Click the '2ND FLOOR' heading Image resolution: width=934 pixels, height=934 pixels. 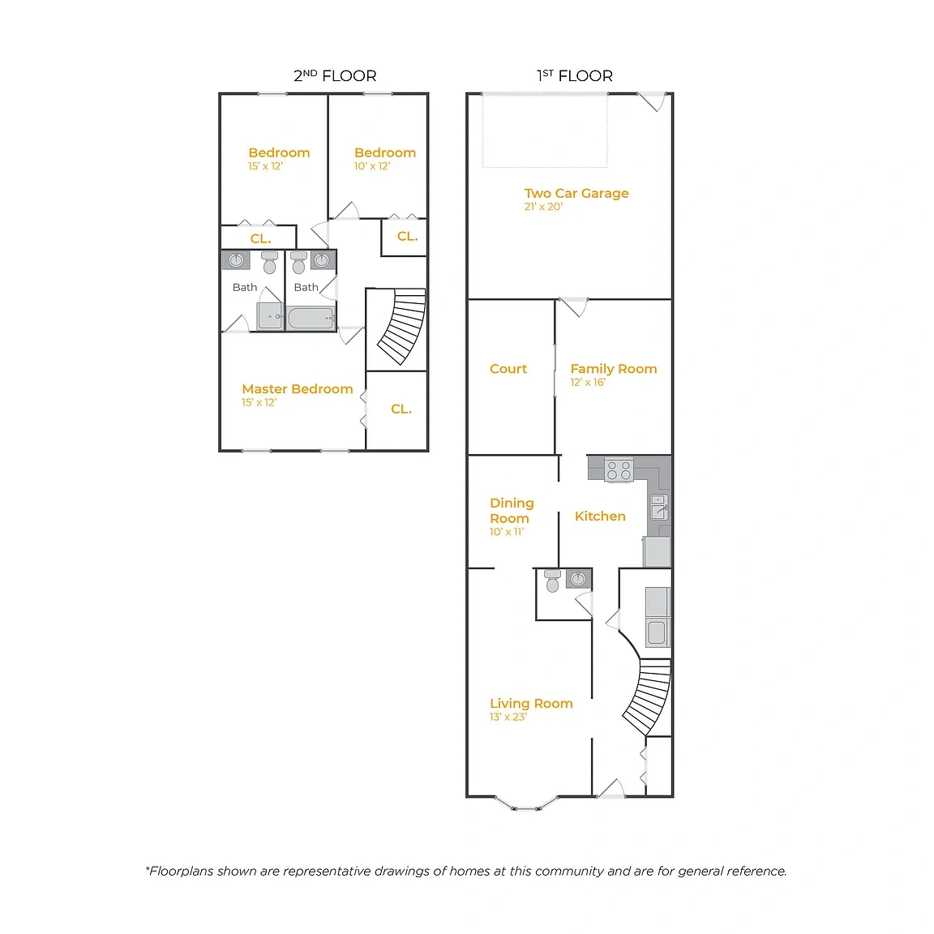[x=335, y=75]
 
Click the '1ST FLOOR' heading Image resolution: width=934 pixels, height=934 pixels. [x=574, y=75]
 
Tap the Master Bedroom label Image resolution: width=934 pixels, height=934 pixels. [x=298, y=389]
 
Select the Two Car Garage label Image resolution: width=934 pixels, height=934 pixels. [x=576, y=194]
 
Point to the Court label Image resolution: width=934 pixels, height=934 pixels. [x=508, y=369]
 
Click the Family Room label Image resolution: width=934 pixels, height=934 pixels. [x=614, y=369]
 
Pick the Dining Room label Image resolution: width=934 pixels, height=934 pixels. [x=512, y=511]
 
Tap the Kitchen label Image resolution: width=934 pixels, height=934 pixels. [x=600, y=516]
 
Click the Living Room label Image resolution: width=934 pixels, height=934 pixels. [x=531, y=704]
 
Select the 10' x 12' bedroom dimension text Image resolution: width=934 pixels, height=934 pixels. [x=372, y=166]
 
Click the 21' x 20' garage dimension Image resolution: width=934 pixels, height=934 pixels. [x=543, y=207]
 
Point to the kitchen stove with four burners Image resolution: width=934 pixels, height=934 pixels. [x=619, y=469]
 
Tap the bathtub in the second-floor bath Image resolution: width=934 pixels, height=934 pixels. [x=311, y=318]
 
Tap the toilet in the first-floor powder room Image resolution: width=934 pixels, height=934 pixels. [x=552, y=581]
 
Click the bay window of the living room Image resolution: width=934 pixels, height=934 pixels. [x=526, y=804]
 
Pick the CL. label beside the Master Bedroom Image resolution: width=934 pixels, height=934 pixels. [x=401, y=409]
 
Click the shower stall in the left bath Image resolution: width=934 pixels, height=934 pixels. [x=270, y=315]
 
